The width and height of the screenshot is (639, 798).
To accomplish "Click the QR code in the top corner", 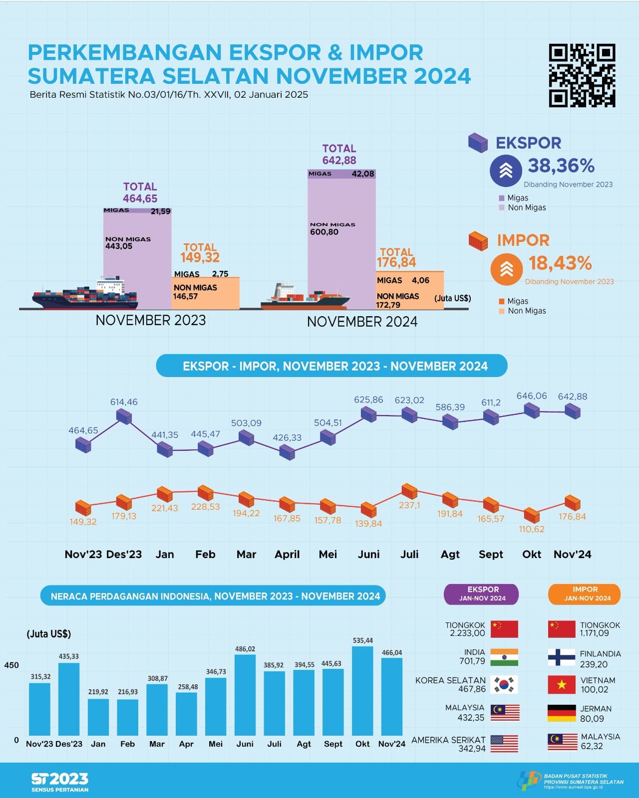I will (x=582, y=75).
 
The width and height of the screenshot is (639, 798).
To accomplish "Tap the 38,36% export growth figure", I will (x=561, y=166).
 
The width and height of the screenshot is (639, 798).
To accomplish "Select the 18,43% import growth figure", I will (x=560, y=263).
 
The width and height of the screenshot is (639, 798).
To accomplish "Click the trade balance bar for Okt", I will (x=362, y=691).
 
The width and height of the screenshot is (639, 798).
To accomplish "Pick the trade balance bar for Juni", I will (x=245, y=695).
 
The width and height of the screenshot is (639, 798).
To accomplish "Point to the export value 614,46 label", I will (x=124, y=402).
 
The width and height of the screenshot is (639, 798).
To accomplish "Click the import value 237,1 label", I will (x=409, y=505).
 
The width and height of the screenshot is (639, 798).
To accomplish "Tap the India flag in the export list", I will (x=504, y=657).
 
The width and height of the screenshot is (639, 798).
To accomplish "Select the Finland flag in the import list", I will (x=562, y=657).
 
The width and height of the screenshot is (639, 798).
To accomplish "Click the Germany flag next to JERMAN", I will (x=562, y=713).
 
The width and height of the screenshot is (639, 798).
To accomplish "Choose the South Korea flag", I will (x=504, y=685).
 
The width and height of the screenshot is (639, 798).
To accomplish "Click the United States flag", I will (x=504, y=744).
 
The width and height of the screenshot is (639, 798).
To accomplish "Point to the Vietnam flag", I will (x=562, y=685).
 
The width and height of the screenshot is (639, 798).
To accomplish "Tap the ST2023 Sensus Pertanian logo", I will (x=60, y=782).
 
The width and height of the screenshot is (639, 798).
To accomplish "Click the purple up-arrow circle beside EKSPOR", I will (x=506, y=171).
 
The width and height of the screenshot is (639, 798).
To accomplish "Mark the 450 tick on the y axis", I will (x=11, y=665).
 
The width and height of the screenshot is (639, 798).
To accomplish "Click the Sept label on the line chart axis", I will (x=491, y=555).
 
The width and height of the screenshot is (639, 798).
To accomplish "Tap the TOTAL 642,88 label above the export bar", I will (x=339, y=155).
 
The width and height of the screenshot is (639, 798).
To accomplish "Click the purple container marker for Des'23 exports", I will (x=124, y=416).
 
